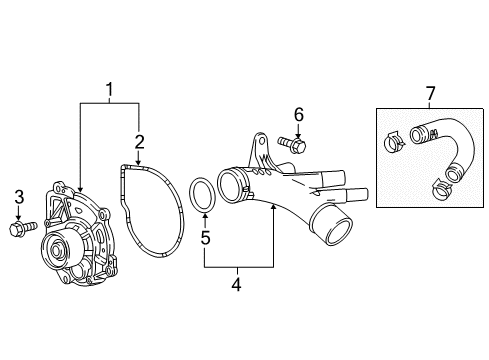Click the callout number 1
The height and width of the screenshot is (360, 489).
coord(109,93)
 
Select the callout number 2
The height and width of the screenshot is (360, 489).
coord(139,141)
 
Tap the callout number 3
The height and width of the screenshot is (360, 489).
coord(18,196)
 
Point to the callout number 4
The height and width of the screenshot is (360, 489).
coord(236,283)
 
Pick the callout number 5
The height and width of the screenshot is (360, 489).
coord(204,239)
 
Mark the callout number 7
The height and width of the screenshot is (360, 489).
coord(430,94)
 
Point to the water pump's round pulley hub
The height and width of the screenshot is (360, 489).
coord(56,246)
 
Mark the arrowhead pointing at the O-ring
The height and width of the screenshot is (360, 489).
coord(204,214)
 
